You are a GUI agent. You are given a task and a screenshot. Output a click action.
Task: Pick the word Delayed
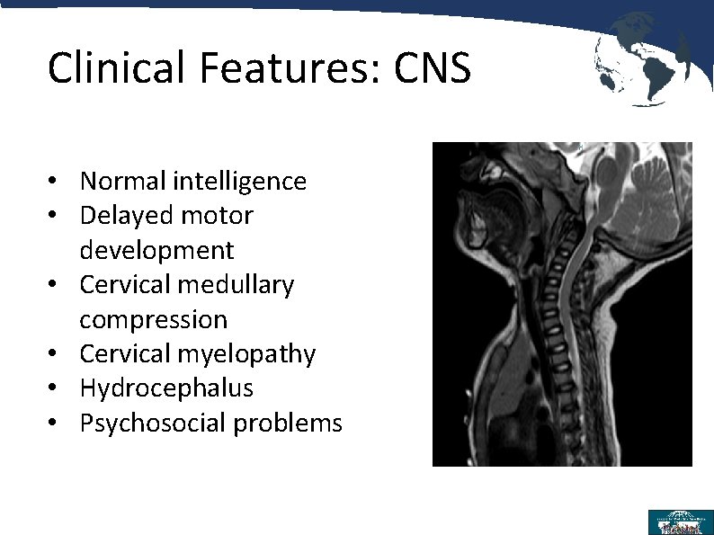tap(122, 216)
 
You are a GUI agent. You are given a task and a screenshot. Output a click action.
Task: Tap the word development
tap(156, 250)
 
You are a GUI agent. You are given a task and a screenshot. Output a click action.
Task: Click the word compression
tap(154, 320)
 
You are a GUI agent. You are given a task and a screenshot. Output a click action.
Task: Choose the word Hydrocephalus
tap(166, 388)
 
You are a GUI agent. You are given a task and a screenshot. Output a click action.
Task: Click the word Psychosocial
tap(153, 424)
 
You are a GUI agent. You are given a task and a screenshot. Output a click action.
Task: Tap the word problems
tap(288, 424)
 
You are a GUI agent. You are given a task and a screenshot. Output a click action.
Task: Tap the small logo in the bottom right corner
tap(680, 522)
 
